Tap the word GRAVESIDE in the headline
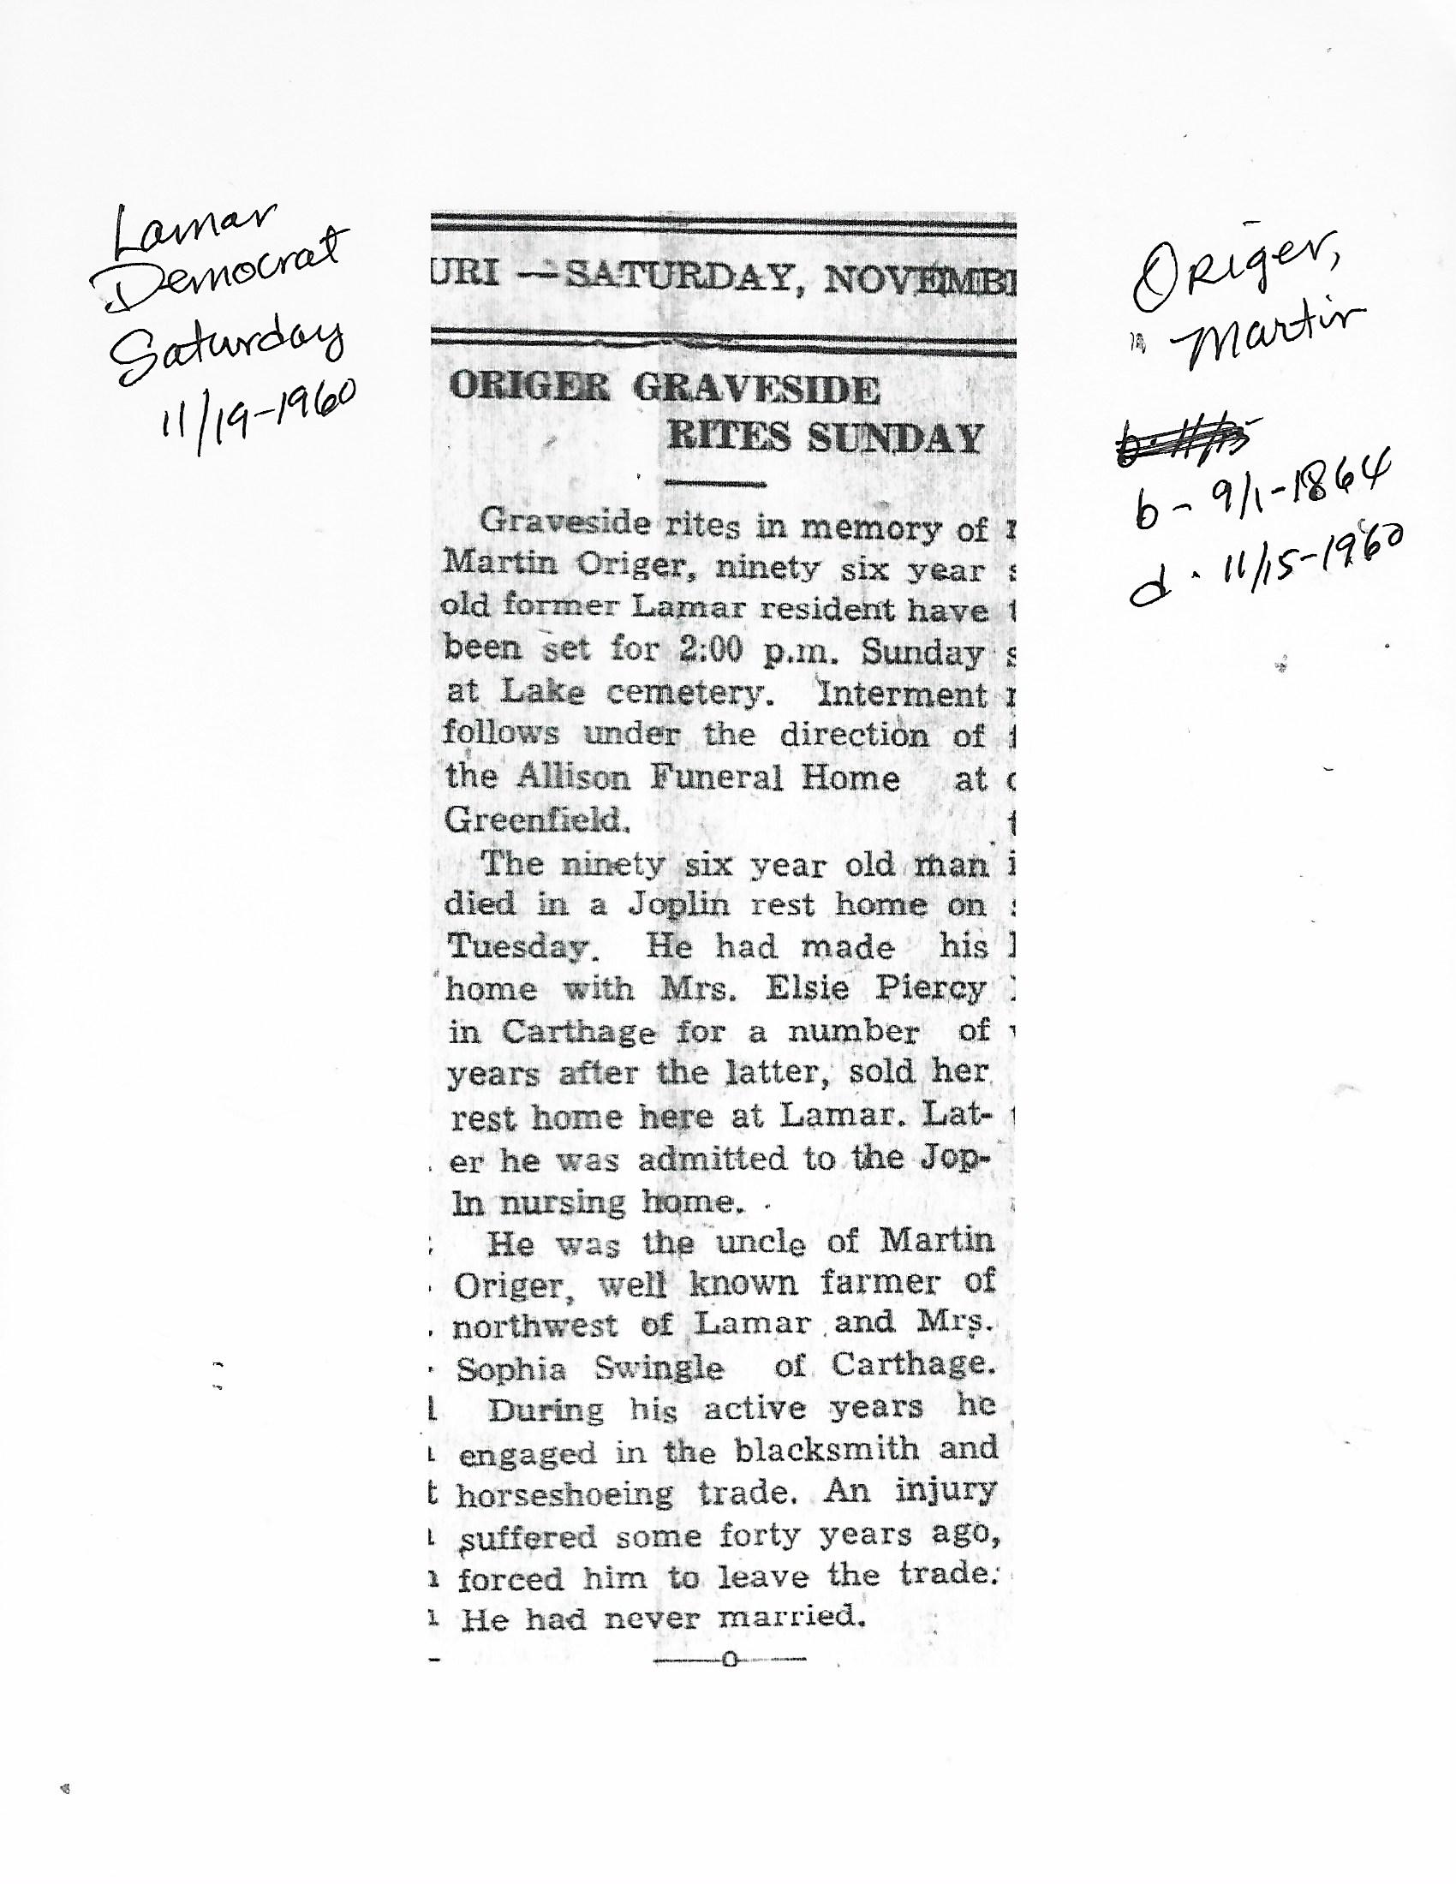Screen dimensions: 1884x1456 pos(756,390)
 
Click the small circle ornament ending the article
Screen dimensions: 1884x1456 pos(731,1659)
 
